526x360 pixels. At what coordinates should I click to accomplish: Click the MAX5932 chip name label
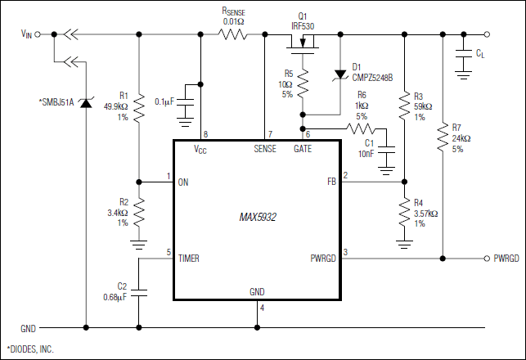tap(256, 218)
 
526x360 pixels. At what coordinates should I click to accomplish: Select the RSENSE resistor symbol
tap(232, 34)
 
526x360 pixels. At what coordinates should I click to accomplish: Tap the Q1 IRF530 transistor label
tap(301, 21)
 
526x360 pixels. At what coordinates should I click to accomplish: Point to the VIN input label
tap(27, 34)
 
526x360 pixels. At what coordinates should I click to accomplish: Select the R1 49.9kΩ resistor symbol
tap(139, 105)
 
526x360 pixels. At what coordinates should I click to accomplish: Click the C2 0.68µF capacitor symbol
tap(139, 290)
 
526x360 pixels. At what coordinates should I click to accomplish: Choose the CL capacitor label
tap(479, 53)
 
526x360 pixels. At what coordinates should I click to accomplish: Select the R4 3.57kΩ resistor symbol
tap(404, 214)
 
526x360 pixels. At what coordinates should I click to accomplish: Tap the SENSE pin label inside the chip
tap(265, 149)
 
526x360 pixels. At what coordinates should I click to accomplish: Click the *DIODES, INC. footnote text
tap(30, 349)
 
